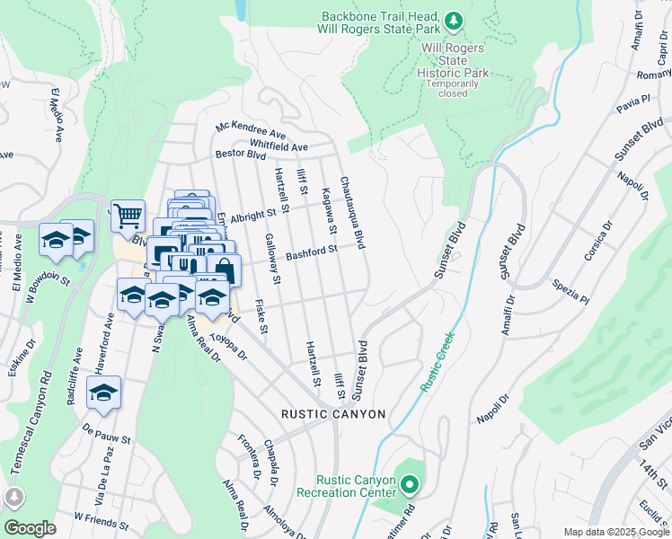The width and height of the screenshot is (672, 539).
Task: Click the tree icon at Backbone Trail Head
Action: [x=455, y=19]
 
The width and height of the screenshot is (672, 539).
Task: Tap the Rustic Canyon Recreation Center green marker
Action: [x=410, y=486]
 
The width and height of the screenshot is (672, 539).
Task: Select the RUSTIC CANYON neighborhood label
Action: [x=333, y=414]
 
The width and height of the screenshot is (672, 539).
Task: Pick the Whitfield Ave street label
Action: [x=279, y=146]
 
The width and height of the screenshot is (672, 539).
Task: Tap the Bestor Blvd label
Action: [x=241, y=155]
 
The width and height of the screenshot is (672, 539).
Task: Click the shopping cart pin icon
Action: [x=128, y=215]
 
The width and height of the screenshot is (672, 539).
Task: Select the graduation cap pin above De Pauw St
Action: [x=104, y=393]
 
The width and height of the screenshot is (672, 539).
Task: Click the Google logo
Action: [x=30, y=527]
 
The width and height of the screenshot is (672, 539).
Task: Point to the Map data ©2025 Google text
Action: [x=615, y=532]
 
